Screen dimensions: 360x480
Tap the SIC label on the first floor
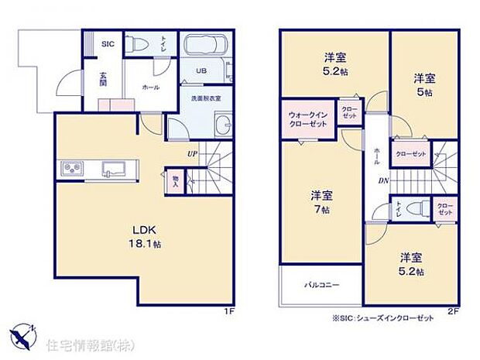click(x=108, y=44)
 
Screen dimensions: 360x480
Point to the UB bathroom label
click(x=201, y=70)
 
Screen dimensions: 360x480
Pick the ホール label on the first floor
click(x=150, y=87)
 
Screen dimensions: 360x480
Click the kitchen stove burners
click(x=71, y=168)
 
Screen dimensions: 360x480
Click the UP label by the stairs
click(x=190, y=153)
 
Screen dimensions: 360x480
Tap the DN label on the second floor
click(x=382, y=180)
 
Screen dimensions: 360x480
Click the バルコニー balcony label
click(x=321, y=286)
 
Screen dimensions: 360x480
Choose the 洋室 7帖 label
click(x=321, y=203)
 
